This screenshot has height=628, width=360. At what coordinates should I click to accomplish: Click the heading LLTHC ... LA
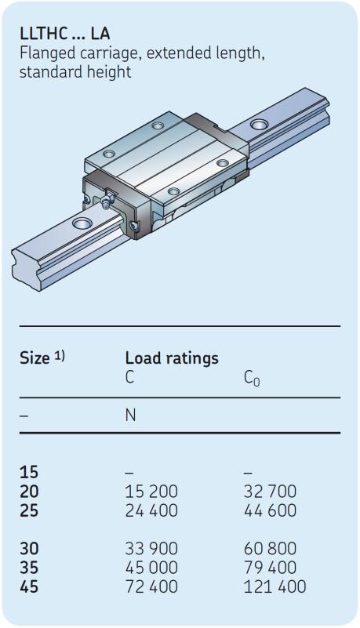click(x=64, y=34)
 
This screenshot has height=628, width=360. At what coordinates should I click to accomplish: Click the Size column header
click(x=42, y=358)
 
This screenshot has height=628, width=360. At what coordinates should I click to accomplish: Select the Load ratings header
click(x=172, y=358)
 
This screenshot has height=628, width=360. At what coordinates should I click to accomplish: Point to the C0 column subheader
click(x=252, y=378)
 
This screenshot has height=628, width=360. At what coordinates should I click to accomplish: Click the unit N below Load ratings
click(x=130, y=416)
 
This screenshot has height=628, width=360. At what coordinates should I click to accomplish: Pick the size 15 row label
click(x=29, y=472)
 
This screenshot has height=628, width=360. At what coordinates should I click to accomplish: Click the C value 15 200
click(x=151, y=492)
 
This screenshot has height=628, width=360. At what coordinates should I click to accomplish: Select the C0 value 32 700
click(x=271, y=492)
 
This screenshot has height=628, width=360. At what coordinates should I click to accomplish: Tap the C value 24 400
click(x=151, y=510)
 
